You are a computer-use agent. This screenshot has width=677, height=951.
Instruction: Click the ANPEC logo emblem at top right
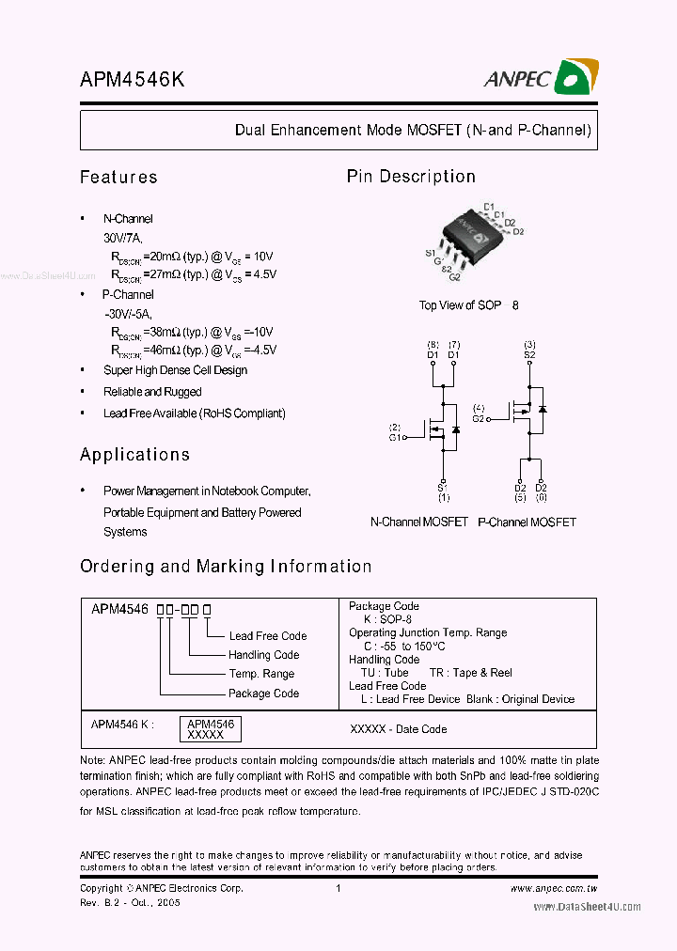(x=576, y=77)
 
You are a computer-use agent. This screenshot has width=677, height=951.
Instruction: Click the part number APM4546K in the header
(x=132, y=81)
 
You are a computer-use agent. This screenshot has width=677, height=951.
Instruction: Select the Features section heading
(x=118, y=177)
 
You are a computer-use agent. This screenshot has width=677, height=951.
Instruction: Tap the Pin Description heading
(x=411, y=177)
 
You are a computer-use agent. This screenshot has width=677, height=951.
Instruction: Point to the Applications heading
(x=134, y=455)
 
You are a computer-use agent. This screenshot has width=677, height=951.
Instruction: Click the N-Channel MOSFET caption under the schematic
(x=418, y=522)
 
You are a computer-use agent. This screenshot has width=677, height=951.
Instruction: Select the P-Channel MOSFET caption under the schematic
(x=527, y=522)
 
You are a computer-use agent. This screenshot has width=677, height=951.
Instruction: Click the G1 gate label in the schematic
(x=396, y=437)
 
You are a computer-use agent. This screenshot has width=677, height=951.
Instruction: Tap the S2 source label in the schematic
(x=529, y=354)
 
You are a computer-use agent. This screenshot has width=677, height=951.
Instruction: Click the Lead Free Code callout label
(x=268, y=636)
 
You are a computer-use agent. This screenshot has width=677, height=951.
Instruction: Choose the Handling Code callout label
(x=263, y=655)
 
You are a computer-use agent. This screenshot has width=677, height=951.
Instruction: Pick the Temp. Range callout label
(x=261, y=674)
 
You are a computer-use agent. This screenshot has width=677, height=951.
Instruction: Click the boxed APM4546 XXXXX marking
(x=211, y=729)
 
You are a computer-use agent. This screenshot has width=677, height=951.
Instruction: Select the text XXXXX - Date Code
(x=398, y=729)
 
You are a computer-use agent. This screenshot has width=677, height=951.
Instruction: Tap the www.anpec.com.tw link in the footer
(x=554, y=889)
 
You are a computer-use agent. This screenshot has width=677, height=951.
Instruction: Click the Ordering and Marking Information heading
(x=226, y=567)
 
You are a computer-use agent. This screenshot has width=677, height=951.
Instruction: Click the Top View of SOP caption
(x=461, y=305)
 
